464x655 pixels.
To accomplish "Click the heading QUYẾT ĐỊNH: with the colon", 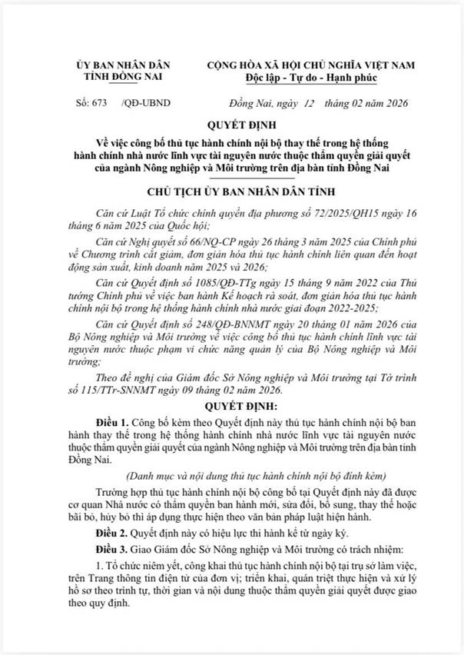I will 231,406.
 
